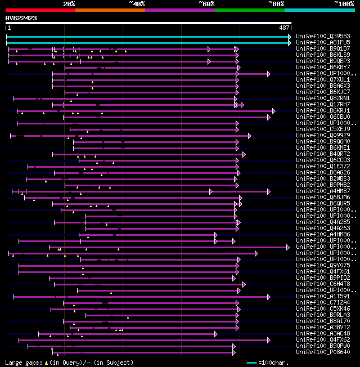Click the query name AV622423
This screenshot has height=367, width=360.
tap(21, 18)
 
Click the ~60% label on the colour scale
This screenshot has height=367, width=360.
tap(206, 4)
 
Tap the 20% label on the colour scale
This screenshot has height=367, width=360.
tap(69, 4)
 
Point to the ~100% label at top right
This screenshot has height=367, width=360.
tap(344, 4)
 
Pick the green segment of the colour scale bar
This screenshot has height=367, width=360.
tap(249, 10)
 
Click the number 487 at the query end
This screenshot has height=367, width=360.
tap(284, 28)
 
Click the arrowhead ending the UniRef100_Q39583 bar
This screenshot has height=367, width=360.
tap(290, 36)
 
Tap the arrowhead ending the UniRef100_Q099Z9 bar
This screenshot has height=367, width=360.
tap(249, 136)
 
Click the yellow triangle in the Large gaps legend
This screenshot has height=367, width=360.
tap(46, 362)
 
